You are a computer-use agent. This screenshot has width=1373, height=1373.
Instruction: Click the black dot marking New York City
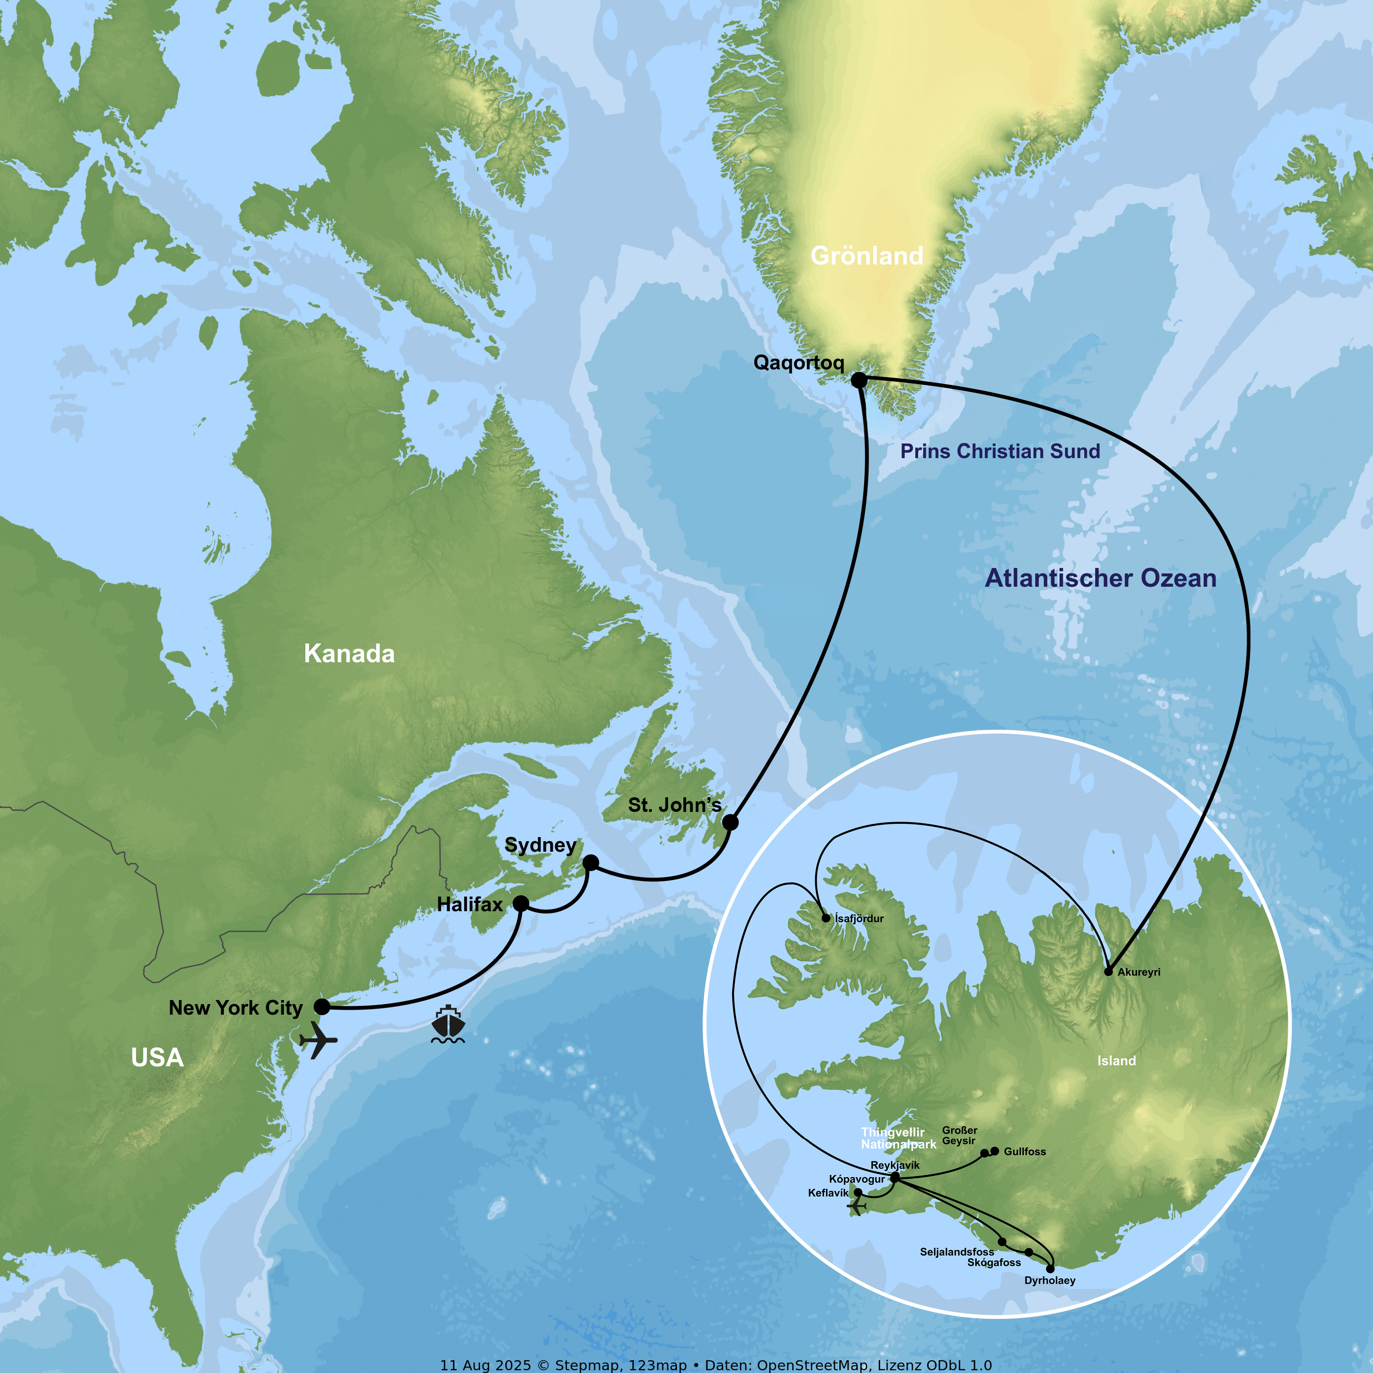[x=322, y=1006]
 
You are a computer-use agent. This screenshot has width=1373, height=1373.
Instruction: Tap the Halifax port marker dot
[x=521, y=903]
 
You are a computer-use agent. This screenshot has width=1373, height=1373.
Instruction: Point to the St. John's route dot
[x=730, y=822]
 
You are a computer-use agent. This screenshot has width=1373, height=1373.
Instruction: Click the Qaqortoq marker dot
[x=859, y=380]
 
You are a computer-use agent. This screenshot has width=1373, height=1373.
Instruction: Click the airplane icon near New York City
[x=318, y=1040]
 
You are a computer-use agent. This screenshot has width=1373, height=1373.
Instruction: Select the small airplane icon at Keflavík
[x=856, y=1207]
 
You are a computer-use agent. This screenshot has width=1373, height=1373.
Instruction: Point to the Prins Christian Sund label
[x=1000, y=451]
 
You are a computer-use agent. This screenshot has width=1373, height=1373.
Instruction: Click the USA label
[x=157, y=1058]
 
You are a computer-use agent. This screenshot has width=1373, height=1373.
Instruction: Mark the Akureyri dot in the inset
[x=1108, y=972]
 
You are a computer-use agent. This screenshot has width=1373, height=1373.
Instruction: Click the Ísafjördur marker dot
[x=826, y=918]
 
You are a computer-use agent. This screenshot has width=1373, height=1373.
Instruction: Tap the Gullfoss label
[x=1024, y=1151]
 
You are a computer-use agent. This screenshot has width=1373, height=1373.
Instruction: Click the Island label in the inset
[x=1116, y=1061]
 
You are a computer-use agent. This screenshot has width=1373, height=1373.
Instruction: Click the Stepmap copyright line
[x=716, y=1364]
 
